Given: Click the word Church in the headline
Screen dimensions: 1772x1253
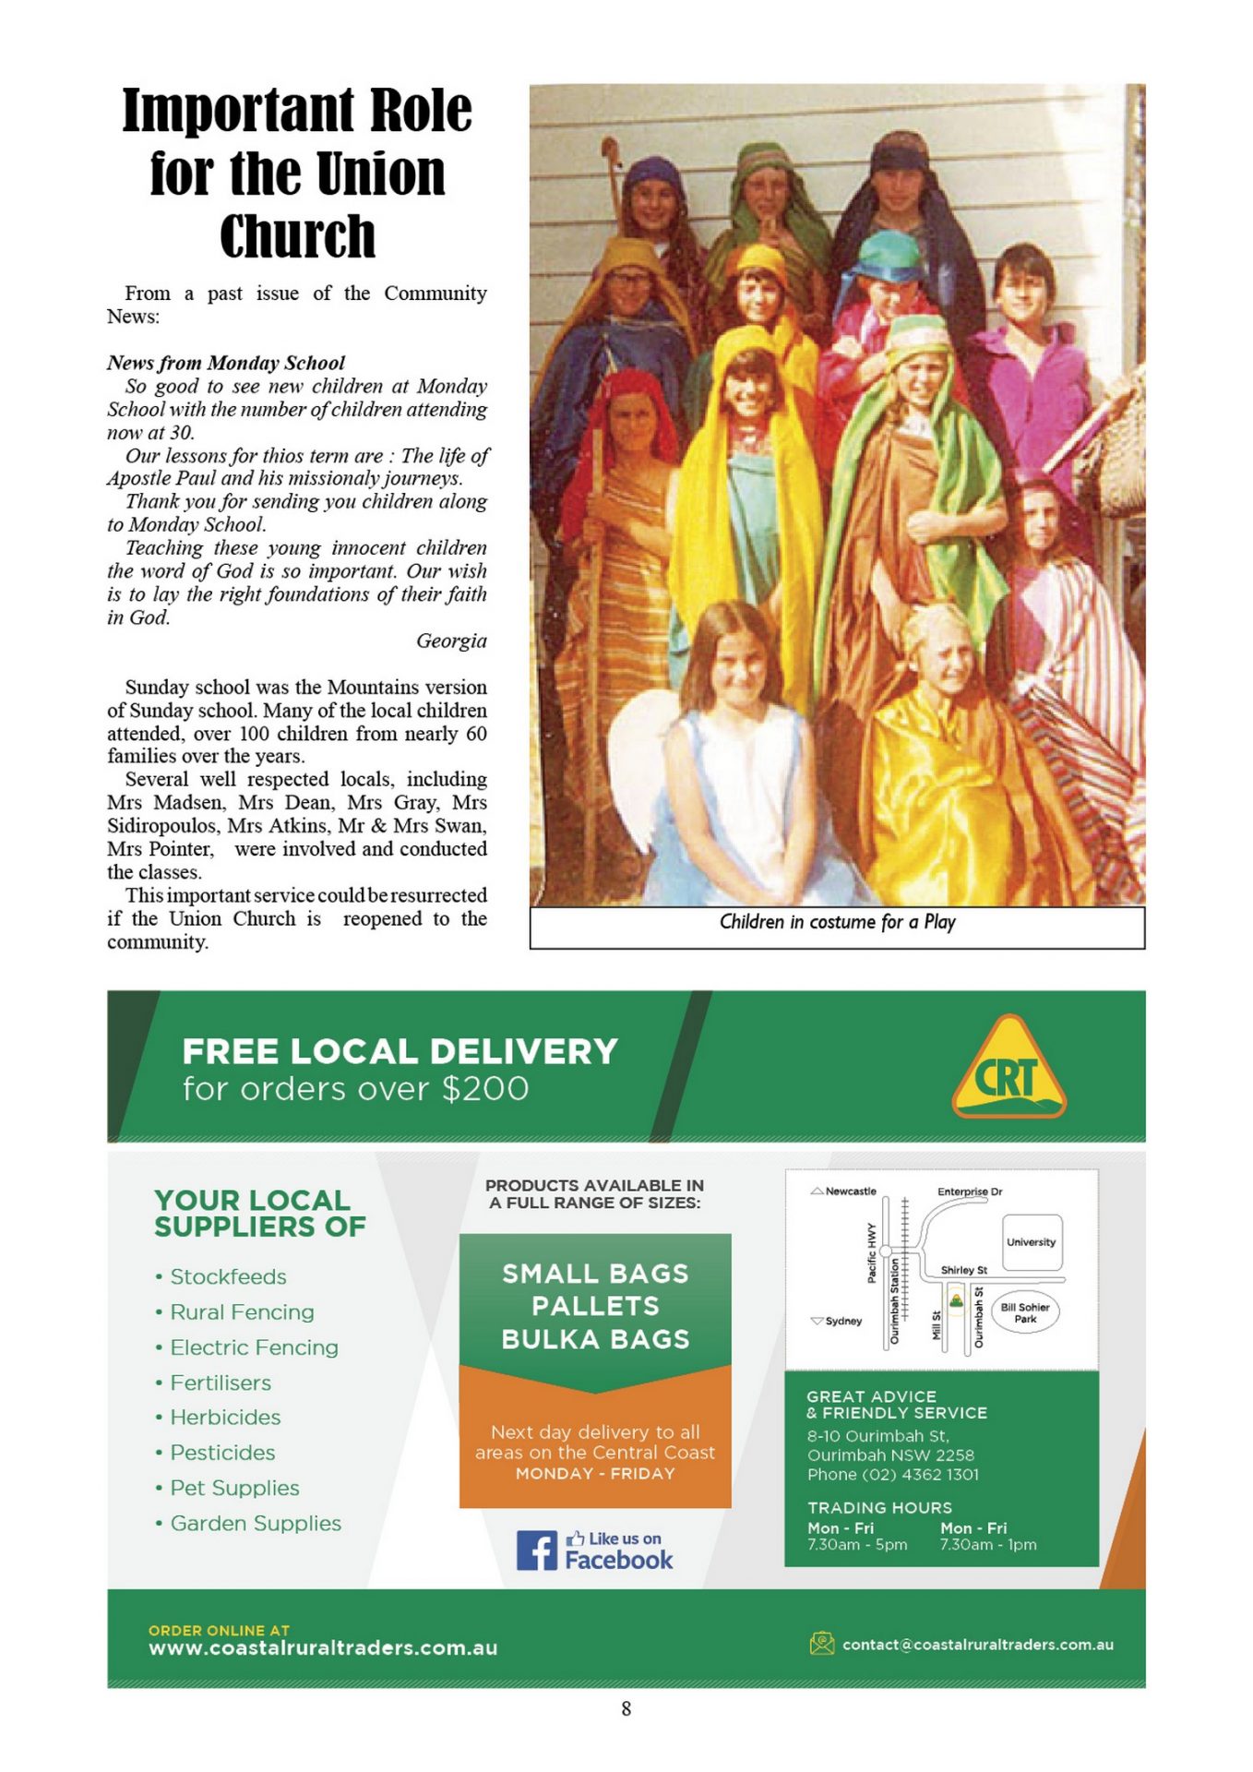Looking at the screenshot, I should pyautogui.click(x=297, y=237).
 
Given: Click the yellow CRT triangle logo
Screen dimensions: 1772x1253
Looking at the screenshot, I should pyautogui.click(x=1008, y=1068).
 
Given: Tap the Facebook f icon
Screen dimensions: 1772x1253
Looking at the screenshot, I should pyautogui.click(x=536, y=1550).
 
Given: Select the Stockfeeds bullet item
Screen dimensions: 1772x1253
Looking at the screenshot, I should pyautogui.click(x=228, y=1276).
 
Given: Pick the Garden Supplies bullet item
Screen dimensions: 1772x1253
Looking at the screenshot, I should pyautogui.click(x=256, y=1523).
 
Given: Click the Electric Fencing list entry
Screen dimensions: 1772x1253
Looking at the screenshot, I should pyautogui.click(x=254, y=1347).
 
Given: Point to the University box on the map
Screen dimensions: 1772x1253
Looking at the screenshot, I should pyautogui.click(x=1031, y=1242).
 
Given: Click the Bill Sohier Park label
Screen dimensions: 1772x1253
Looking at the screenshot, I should pyautogui.click(x=1025, y=1312).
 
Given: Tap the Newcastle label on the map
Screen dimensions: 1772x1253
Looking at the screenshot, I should pyautogui.click(x=850, y=1191).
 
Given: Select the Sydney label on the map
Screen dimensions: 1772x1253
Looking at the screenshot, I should pyautogui.click(x=842, y=1321).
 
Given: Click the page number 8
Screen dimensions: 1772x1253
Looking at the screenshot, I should pyautogui.click(x=626, y=1708).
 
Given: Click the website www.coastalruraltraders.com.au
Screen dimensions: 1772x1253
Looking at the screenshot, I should pyautogui.click(x=323, y=1647).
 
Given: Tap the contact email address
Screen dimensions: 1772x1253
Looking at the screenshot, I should pyautogui.click(x=977, y=1645).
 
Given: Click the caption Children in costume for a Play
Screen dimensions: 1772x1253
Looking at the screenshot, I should pyautogui.click(x=837, y=922).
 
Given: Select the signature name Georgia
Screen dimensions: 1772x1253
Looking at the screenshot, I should pyautogui.click(x=451, y=641).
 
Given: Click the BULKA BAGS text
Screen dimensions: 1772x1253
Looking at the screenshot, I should pyautogui.click(x=595, y=1339).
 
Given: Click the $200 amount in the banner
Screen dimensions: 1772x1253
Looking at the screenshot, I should pyautogui.click(x=485, y=1089).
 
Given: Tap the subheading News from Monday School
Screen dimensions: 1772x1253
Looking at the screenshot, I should pyautogui.click(x=226, y=363).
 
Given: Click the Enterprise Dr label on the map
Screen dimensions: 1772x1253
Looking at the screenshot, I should pyautogui.click(x=969, y=1191).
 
